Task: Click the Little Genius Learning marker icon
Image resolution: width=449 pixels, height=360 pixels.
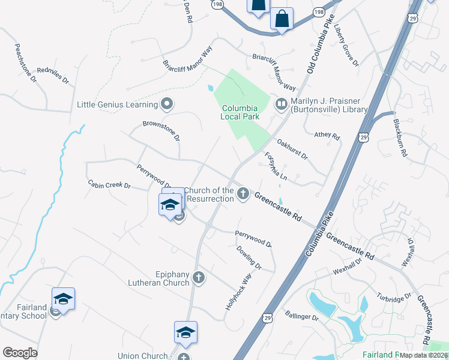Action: coord(167,104)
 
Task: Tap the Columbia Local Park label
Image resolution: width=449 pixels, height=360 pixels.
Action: coord(240,112)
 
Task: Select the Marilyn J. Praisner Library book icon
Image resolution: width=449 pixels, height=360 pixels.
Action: coord(281,104)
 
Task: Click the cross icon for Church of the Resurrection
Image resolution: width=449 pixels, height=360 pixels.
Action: coord(243,193)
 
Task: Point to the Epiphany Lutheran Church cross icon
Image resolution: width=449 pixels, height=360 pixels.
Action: coord(199,277)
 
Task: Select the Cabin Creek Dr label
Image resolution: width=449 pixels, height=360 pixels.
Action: coord(109,184)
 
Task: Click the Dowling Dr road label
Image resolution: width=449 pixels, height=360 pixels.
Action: coord(249,257)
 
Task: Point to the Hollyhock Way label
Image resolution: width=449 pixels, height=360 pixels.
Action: coord(238,291)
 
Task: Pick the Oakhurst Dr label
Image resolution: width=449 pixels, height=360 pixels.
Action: coord(292,149)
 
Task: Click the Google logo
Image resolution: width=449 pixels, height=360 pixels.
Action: coord(20,353)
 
